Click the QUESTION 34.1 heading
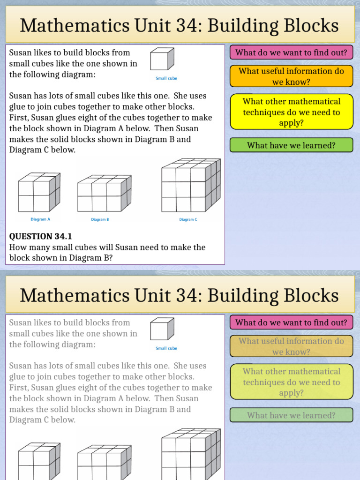tap(41, 236)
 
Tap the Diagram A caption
tap(40, 219)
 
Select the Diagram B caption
tap(100, 219)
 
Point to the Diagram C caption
tap(188, 219)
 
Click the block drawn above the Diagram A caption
tap(39, 192)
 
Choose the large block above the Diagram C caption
tap(190, 185)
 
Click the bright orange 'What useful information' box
tap(291, 76)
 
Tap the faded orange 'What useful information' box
tap(291, 346)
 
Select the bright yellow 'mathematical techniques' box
tap(291, 112)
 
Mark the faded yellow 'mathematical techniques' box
tap(291, 382)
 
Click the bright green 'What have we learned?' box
tap(291, 145)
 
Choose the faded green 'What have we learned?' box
tap(291, 415)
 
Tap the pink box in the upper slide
tap(291, 52)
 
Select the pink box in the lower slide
tap(291, 322)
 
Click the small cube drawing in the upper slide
tap(162, 60)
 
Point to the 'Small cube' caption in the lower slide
tap(166, 348)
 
